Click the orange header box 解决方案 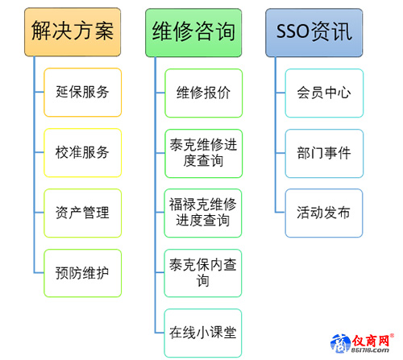pos(73,32)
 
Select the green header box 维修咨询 pos(193,32)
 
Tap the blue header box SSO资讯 pos(314,32)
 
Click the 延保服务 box pos(83,93)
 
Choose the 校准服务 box pos(83,152)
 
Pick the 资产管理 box pos(83,213)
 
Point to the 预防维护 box pos(83,273)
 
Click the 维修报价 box pos(204,93)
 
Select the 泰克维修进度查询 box pos(204,153)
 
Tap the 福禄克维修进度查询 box pos(203,213)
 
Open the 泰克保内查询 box pos(203,273)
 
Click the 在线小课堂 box pos(203,333)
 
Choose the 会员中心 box pos(324,93)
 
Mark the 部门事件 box pos(324,153)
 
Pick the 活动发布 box pos(324,213)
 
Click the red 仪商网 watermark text pos(371,341)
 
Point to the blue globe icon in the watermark pos(341,343)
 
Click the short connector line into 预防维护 pos(39,273)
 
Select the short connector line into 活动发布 pos(280,213)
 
